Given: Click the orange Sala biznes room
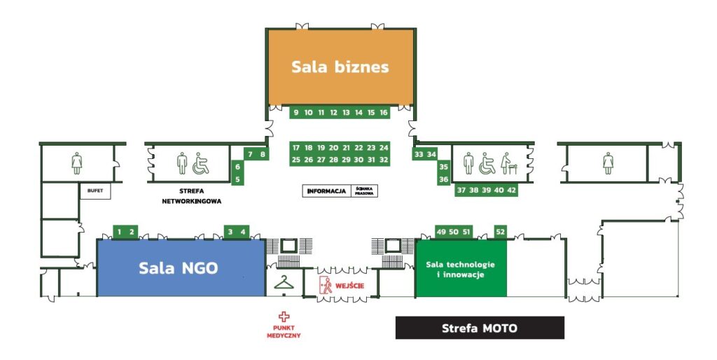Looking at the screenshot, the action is [341, 67].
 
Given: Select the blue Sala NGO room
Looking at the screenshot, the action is [181, 268].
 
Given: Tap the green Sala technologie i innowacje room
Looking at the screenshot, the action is [461, 268].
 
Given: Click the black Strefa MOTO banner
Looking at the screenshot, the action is [480, 328].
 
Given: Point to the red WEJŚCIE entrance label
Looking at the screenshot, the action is [350, 286].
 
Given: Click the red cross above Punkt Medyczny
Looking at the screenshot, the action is [284, 317].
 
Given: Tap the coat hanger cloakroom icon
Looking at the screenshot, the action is [284, 283].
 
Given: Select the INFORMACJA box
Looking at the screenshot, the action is [326, 191].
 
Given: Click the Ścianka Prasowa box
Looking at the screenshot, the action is [364, 191].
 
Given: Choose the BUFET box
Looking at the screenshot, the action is [95, 191].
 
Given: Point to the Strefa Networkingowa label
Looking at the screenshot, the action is [192, 196].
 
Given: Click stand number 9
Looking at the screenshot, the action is [296, 112].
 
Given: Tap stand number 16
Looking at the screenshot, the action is [384, 112].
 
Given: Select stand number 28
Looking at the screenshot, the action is [333, 160].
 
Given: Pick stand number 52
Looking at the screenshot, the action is [500, 231].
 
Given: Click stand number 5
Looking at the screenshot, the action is [238, 179].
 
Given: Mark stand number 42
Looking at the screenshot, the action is [511, 190].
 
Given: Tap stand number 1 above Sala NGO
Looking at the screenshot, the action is [119, 232].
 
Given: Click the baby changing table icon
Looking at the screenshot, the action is [508, 163].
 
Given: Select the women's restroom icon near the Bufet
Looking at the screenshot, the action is [77, 163].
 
